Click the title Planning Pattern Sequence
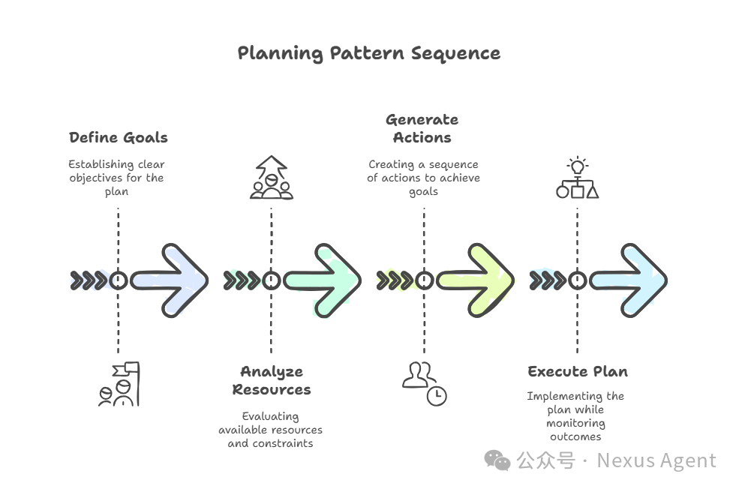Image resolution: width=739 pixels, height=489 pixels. click(x=368, y=53)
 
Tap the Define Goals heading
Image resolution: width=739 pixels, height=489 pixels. click(x=118, y=137)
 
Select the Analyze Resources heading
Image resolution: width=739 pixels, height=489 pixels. click(x=271, y=380)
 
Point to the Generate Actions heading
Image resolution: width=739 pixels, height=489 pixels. click(x=422, y=128)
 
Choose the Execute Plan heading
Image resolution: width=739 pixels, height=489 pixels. click(x=577, y=371)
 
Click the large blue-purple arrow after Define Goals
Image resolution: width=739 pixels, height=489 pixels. click(x=170, y=280)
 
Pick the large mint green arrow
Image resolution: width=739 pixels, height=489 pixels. click(x=323, y=280)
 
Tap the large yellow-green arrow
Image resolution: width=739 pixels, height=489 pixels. click(x=476, y=280)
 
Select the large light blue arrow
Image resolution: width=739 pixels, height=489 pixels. click(x=629, y=280)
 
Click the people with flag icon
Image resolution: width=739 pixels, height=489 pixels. click(x=119, y=384)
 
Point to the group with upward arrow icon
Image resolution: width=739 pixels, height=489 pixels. click(x=271, y=178)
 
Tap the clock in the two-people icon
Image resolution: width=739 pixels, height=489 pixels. click(x=436, y=396)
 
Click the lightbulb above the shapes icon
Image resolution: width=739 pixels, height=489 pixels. click(x=577, y=166)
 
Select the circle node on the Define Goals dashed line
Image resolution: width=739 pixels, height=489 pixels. click(x=118, y=280)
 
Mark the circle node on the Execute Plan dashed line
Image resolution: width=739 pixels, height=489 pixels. click(x=577, y=280)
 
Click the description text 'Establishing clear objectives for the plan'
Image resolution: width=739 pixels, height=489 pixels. click(x=116, y=178)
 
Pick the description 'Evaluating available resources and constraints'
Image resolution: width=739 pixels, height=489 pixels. click(x=271, y=430)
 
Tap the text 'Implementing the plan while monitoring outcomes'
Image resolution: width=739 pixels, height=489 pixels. click(x=575, y=416)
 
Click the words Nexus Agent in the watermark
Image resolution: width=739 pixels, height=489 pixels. click(x=656, y=460)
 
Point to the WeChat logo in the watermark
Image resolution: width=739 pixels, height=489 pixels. click(x=497, y=460)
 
